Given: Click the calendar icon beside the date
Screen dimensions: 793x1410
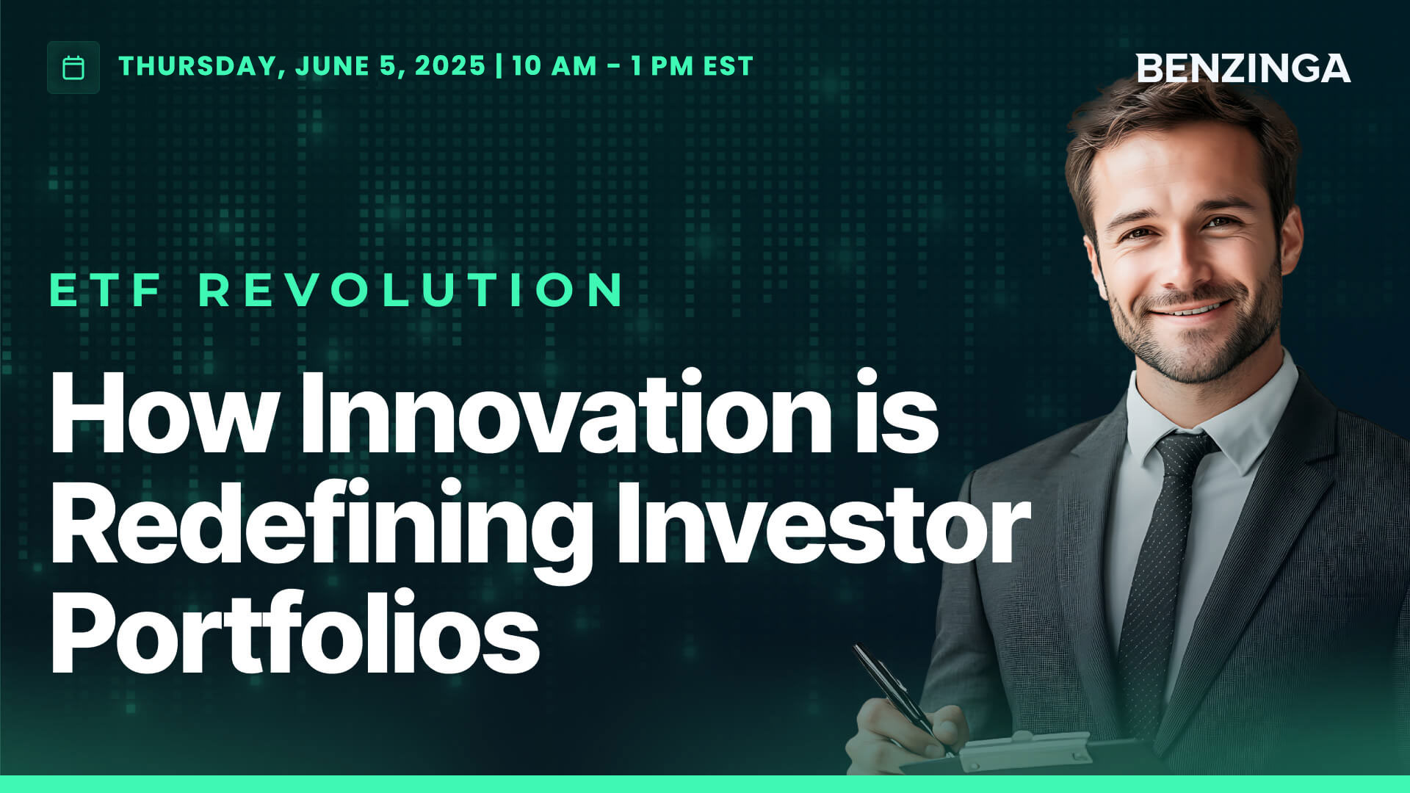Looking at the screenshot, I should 73,68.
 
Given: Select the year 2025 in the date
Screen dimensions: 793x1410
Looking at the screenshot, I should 449,66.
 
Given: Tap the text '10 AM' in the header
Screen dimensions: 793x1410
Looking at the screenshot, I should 554,66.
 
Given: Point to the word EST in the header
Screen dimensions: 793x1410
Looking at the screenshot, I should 728,66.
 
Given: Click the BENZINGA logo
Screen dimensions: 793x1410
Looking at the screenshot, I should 1243,68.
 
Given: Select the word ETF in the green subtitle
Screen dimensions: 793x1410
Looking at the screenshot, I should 106,290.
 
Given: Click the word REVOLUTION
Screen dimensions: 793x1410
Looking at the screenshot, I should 411,290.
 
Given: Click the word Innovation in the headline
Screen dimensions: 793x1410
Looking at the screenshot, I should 565,415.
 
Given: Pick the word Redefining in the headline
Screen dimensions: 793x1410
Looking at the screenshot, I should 320,525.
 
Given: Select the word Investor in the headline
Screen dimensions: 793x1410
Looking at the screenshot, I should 822,525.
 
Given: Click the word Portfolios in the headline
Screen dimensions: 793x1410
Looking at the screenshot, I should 294,633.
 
